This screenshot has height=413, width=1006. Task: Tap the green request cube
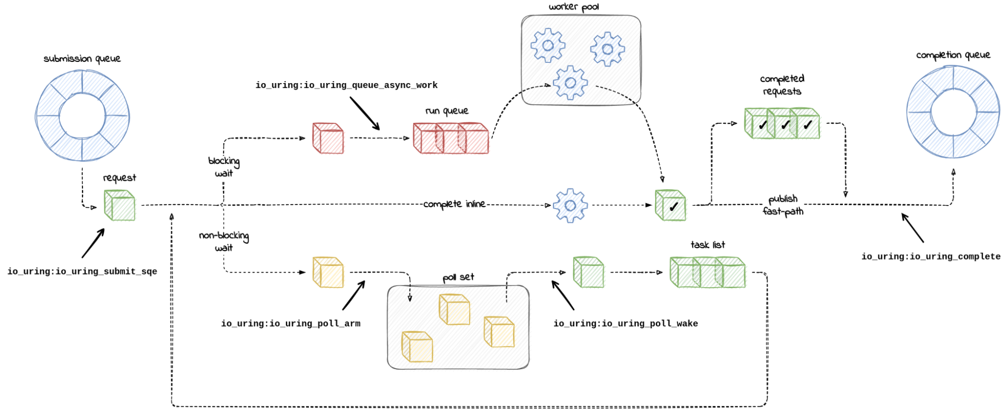pos(120,205)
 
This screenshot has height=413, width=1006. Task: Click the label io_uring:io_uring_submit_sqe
pos(82,271)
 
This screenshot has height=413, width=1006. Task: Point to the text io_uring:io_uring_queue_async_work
pos(346,85)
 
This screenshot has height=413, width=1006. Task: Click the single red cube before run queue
pos(328,138)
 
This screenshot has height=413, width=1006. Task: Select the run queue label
pos(447,111)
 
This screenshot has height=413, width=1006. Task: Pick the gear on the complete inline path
pos(570,205)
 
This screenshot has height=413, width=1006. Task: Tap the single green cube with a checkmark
pos(670,205)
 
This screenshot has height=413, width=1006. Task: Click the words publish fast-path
pos(783,205)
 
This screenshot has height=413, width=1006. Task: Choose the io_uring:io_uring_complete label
pos(931,256)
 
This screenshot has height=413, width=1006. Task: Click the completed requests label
pos(782,85)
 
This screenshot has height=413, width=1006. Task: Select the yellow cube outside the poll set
pos(328,272)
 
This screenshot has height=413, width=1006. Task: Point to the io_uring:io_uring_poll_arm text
pos(290,323)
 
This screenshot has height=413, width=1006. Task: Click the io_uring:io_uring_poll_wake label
pos(626,323)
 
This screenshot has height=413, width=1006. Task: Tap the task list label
pos(708,245)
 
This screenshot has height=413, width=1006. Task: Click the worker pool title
pos(574,7)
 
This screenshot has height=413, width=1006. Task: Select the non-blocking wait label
pos(224,241)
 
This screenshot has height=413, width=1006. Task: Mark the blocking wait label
pos(224,167)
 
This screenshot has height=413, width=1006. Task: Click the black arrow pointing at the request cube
pos(93,243)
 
